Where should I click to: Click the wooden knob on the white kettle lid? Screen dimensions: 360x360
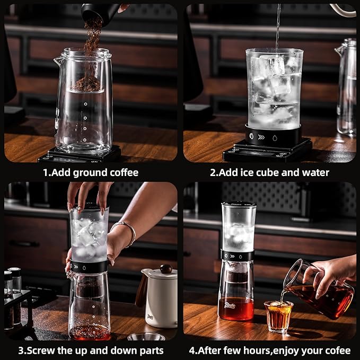[166, 269]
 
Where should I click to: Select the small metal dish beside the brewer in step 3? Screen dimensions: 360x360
[139, 337]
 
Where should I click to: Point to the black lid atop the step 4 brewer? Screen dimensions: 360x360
[239, 204]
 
